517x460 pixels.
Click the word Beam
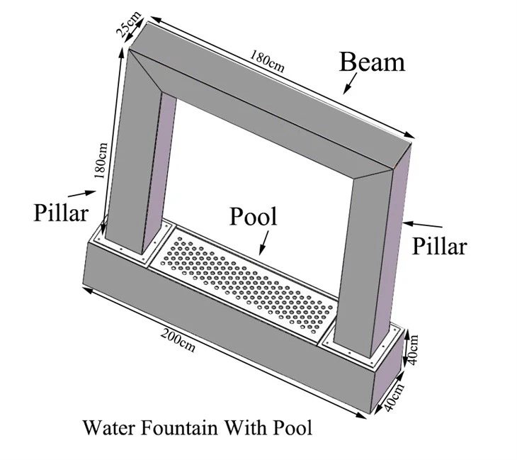[372, 62]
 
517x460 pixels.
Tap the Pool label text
[254, 217]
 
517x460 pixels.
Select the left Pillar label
[61, 212]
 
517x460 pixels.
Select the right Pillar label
[440, 246]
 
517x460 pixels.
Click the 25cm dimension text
[129, 24]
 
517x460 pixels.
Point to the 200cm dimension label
[178, 341]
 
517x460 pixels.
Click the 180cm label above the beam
[267, 61]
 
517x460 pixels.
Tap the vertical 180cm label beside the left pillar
[101, 161]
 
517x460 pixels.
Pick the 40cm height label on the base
[412, 350]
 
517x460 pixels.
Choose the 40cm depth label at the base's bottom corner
[394, 397]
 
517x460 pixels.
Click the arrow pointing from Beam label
[350, 84]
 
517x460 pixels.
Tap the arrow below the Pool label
[264, 242]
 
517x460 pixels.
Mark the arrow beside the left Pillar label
[82, 193]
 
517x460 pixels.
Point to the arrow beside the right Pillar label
[423, 225]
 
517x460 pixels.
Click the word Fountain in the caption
[180, 427]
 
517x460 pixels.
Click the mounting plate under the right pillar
[362, 343]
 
